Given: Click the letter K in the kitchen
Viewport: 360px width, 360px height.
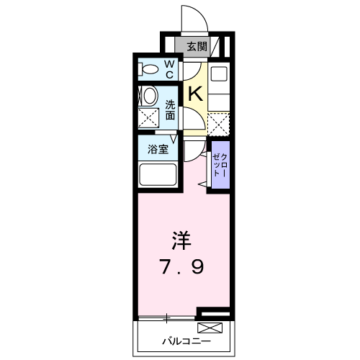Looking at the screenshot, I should [x=195, y=92].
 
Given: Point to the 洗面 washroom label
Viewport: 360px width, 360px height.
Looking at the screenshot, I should [x=171, y=109].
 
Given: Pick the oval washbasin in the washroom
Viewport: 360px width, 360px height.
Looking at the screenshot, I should [x=149, y=95].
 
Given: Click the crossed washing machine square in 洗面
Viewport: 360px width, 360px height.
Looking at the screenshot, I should [x=149, y=118].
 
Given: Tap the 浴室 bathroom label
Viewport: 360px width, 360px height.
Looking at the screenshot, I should [x=158, y=150].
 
